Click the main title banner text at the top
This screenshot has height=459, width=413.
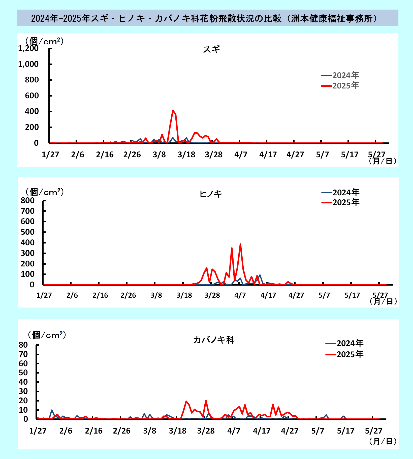coord(204,18)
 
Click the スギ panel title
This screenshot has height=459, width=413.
coord(211,49)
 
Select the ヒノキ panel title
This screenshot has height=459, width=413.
coord(211,194)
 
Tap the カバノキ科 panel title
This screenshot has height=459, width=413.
coord(214,340)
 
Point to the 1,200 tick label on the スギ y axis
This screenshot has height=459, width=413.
coord(28,48)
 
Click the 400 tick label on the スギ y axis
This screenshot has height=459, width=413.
coord(32,111)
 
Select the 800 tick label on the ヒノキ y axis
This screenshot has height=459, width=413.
coord(27,200)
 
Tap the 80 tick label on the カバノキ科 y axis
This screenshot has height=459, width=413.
coord(23,345)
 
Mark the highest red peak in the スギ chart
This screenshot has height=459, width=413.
coord(173,110)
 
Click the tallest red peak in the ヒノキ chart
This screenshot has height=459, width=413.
coord(240,244)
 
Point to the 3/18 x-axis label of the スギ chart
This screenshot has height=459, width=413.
coord(186,155)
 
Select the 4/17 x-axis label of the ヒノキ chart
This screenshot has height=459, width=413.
coord(268,295)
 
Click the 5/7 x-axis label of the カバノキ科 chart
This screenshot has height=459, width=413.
coord(317,431)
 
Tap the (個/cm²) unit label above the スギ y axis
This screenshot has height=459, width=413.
coord(44,41)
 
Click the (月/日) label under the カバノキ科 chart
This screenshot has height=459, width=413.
coord(383,441)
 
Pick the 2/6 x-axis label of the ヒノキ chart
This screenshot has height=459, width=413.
coord(72,295)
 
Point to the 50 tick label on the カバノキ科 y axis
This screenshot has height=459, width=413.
coord(23,373)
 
